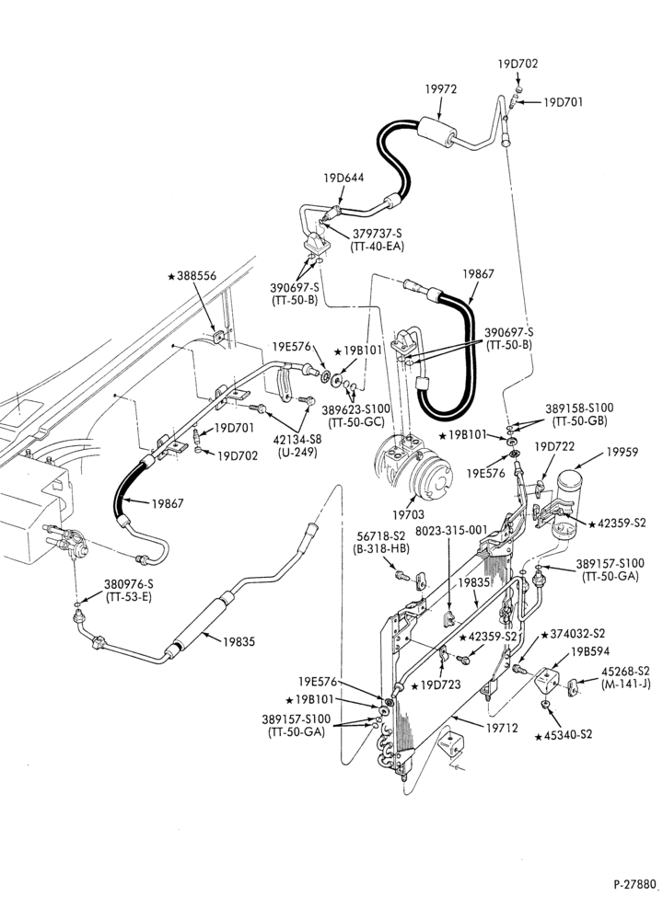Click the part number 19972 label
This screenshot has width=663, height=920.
440,89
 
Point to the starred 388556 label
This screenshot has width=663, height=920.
192,276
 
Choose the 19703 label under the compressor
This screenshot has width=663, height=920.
408,514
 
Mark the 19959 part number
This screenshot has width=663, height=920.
622,452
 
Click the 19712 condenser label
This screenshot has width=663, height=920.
502,728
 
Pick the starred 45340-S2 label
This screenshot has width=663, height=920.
564,734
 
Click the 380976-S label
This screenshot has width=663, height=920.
129,584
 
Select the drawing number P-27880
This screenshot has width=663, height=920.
634,900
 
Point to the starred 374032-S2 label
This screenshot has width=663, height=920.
573,634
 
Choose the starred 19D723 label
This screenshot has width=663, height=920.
436,684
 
